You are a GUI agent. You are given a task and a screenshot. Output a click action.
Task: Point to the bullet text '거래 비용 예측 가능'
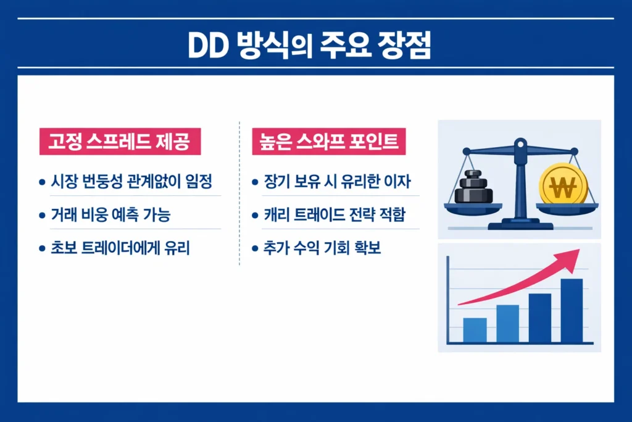pyautogui.click(x=111, y=216)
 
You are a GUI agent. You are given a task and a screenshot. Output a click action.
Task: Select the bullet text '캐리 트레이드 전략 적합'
pyautogui.click(x=336, y=216)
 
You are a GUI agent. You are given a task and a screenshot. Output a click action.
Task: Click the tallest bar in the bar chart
pyautogui.click(x=572, y=311)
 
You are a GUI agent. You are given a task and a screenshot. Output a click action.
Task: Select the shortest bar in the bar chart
pyautogui.click(x=475, y=330)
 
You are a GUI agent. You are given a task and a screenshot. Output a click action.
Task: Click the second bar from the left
pyautogui.click(x=507, y=323)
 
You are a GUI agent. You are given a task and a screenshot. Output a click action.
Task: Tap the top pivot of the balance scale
pyautogui.click(x=520, y=146)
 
